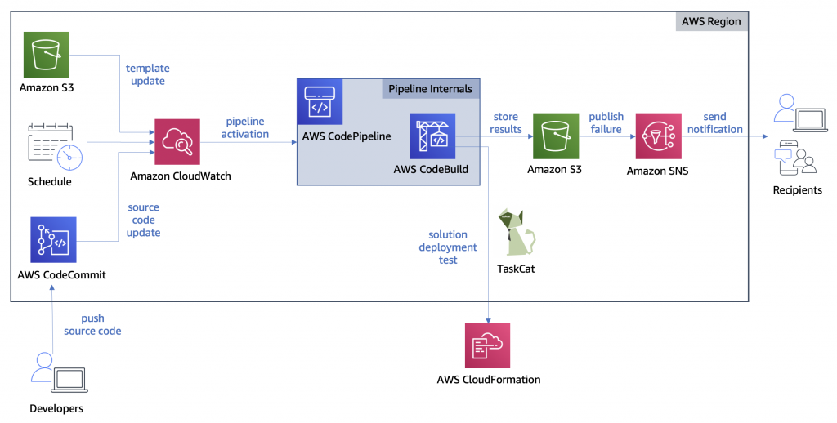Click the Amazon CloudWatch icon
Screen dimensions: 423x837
pyautogui.click(x=177, y=142)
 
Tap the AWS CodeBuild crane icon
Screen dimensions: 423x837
pyautogui.click(x=432, y=136)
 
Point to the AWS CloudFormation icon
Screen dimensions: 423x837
pyautogui.click(x=487, y=345)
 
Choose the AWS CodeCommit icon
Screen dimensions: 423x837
pyautogui.click(x=53, y=239)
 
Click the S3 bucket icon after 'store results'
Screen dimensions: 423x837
pyautogui.click(x=556, y=136)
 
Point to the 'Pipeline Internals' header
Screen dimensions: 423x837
pyautogui.click(x=430, y=88)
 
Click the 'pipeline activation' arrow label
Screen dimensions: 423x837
pyautogui.click(x=246, y=127)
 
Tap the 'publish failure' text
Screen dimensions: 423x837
pyautogui.click(x=606, y=122)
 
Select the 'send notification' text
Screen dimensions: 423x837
pyautogui.click(x=714, y=122)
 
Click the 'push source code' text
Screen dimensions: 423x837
pyautogui.click(x=92, y=324)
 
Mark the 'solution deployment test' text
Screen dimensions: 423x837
pyautogui.click(x=447, y=247)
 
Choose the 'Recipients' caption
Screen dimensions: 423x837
pyautogui.click(x=797, y=190)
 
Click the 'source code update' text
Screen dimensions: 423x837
pyautogui.click(x=144, y=220)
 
